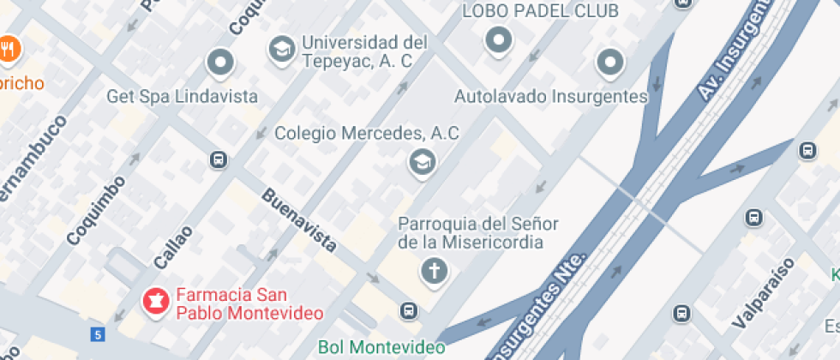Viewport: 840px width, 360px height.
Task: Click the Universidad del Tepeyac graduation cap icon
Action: pos(280,50)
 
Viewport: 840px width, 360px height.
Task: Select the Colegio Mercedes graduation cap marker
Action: pos(421,161)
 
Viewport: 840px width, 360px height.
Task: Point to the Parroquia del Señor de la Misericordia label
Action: pos(478,233)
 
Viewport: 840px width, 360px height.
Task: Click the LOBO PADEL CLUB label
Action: pos(540,11)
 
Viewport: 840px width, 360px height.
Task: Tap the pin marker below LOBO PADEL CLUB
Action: pos(498,39)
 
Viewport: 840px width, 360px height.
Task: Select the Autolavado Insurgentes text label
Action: pos(550,96)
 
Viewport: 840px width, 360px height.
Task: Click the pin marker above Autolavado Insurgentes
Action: pos(609,61)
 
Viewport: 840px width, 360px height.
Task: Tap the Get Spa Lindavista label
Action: pos(182,95)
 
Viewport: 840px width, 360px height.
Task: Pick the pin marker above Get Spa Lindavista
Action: pos(221,62)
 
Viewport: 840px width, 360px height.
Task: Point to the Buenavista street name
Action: pos(298,220)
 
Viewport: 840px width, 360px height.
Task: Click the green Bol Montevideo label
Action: pos(381,347)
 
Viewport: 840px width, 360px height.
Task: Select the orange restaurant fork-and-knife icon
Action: pos(9,48)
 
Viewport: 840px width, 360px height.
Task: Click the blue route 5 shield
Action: pos(99,333)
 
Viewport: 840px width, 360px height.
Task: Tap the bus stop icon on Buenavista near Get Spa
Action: pos(219,159)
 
